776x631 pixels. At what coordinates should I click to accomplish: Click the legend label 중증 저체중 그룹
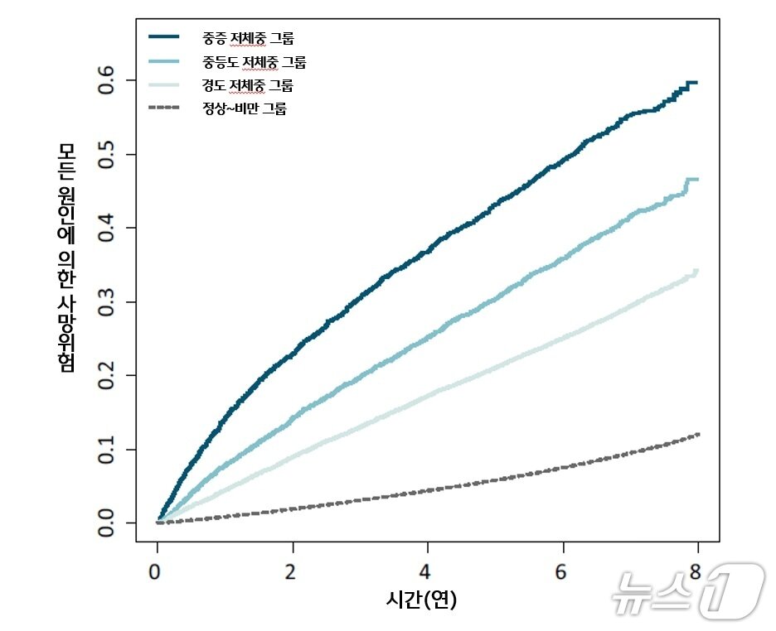[247, 37]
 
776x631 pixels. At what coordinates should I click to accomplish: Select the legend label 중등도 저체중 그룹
[254, 61]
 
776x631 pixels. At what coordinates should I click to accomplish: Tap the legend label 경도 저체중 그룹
[247, 84]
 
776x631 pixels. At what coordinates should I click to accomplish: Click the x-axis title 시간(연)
[422, 599]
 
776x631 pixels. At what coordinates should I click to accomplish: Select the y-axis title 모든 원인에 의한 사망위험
[67, 257]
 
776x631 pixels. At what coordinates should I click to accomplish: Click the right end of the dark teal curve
[696, 83]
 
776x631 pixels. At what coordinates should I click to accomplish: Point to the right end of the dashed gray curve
[698, 434]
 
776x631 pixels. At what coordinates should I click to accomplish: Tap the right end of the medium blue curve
[696, 179]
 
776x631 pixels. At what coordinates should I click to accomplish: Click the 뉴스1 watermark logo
[687, 590]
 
